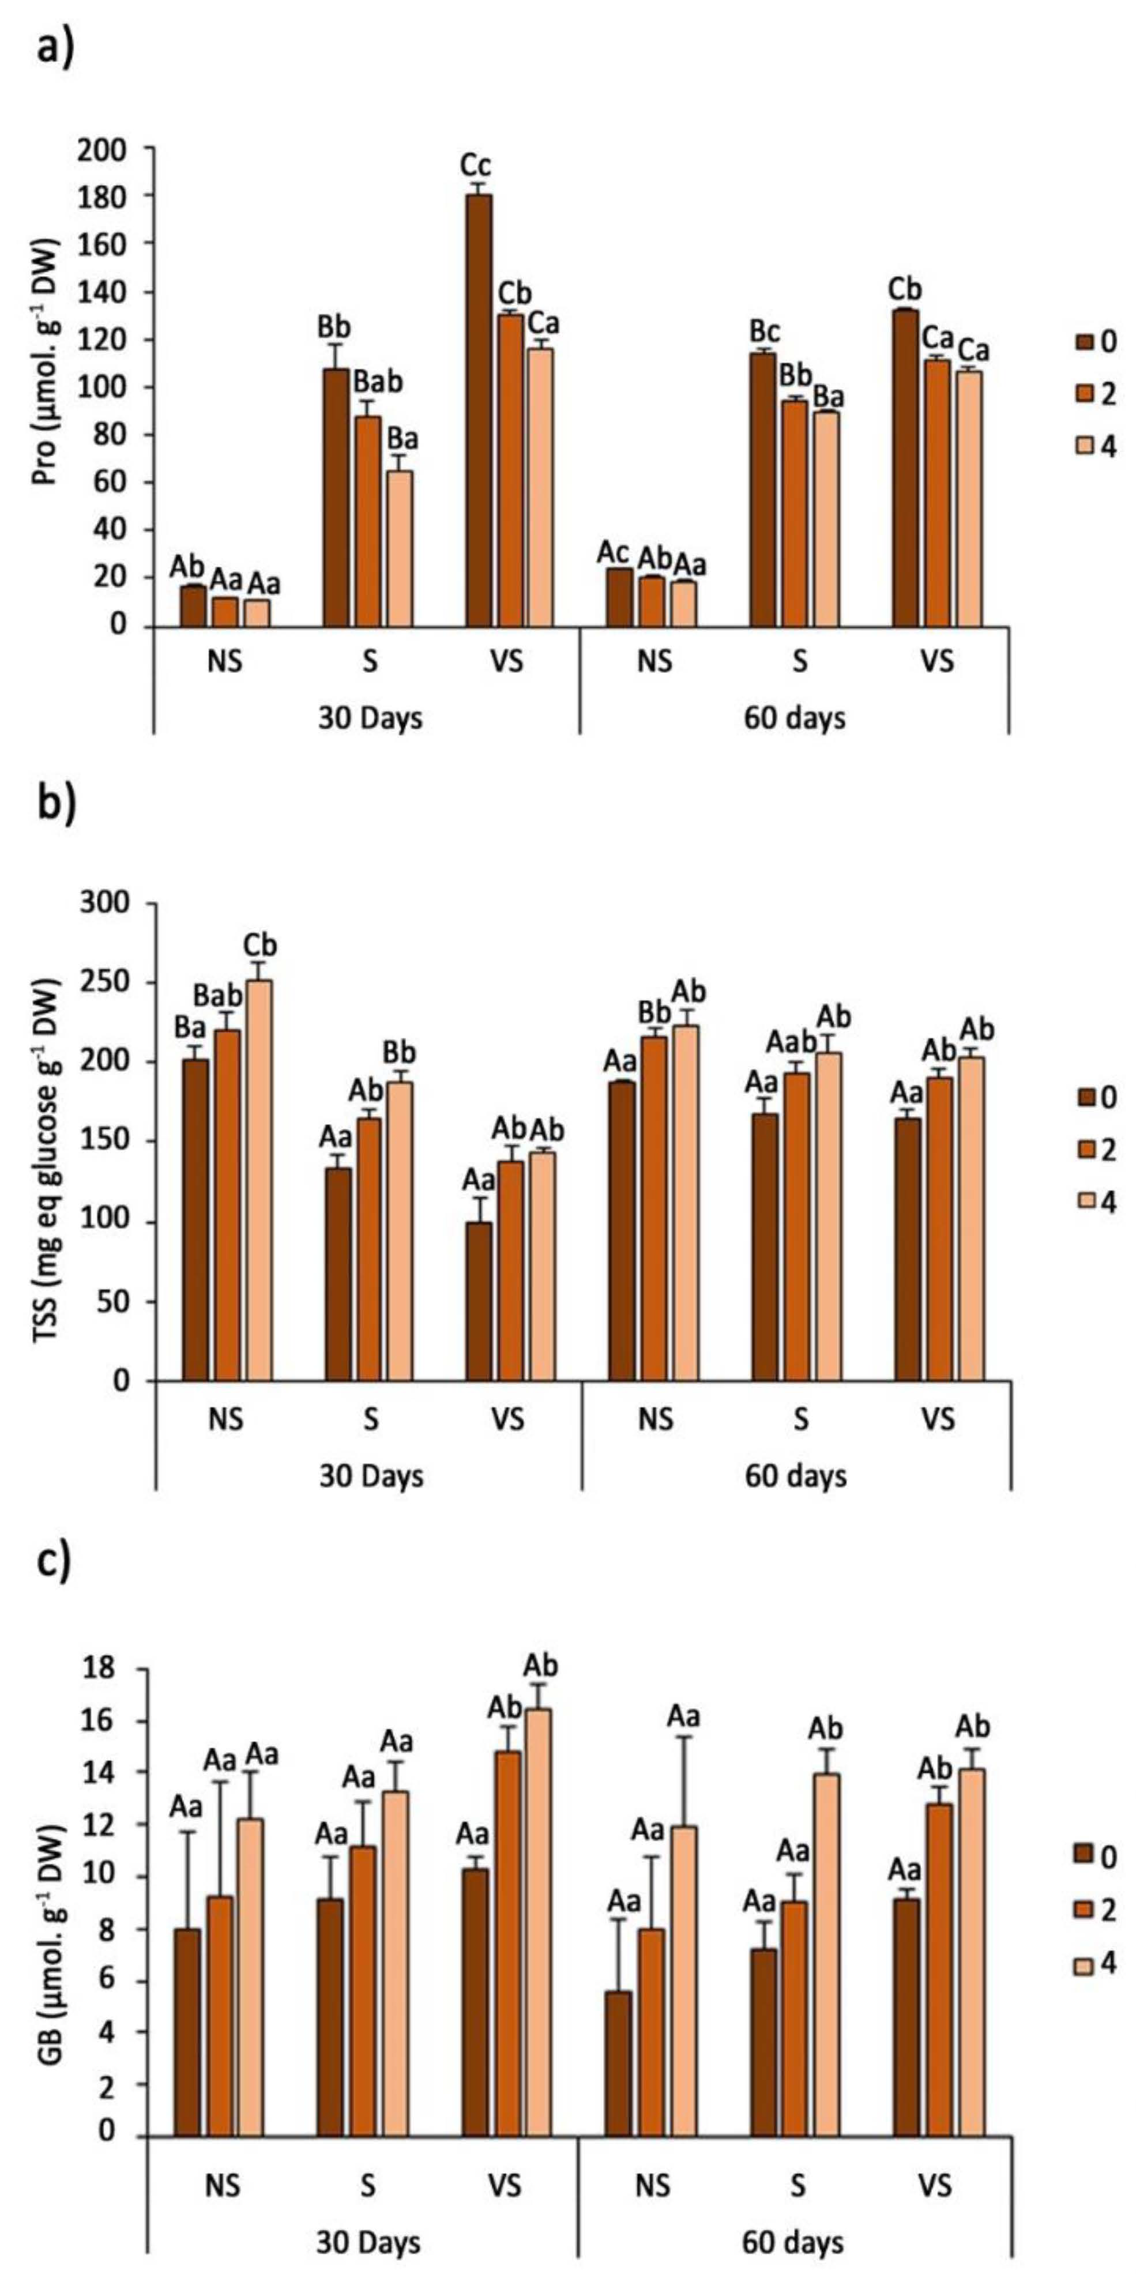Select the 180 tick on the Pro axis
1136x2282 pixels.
127,195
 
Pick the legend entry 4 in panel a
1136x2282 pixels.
1097,446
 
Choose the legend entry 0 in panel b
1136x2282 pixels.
1097,1098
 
